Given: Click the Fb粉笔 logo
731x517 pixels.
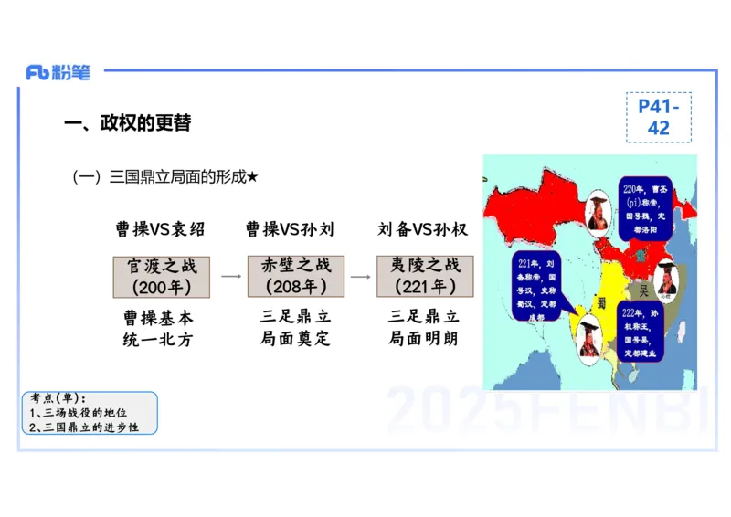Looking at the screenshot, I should (x=58, y=73).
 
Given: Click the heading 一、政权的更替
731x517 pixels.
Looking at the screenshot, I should (x=127, y=123).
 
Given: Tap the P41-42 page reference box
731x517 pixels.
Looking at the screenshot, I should (x=658, y=117).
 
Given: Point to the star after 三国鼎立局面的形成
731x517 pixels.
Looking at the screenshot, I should (x=253, y=177).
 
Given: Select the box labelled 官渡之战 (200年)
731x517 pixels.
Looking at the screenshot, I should (x=162, y=276).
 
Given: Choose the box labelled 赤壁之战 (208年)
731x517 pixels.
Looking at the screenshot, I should (x=295, y=276).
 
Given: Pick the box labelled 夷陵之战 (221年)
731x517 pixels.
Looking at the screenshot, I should (x=425, y=276).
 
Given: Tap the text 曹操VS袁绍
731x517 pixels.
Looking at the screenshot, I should (x=160, y=229).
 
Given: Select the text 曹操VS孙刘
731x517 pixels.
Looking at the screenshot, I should (x=290, y=229).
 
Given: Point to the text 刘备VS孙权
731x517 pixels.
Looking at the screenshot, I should (x=422, y=229).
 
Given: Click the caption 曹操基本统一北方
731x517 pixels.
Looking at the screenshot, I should (x=158, y=329).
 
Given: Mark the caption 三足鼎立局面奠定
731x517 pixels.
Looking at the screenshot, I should (x=295, y=328).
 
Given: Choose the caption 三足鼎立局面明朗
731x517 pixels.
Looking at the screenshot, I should (x=424, y=328).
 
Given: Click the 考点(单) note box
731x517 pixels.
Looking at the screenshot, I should (x=90, y=413).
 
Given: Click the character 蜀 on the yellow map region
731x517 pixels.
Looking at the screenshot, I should (x=601, y=302).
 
